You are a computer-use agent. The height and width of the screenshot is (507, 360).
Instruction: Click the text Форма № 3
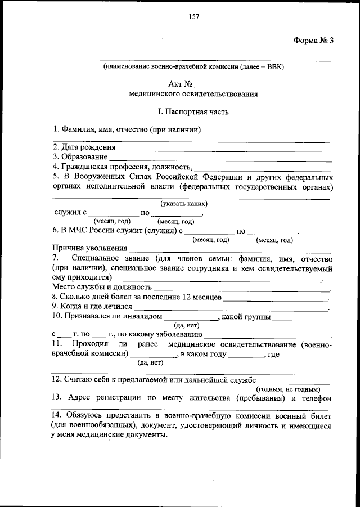pos(314,40)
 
